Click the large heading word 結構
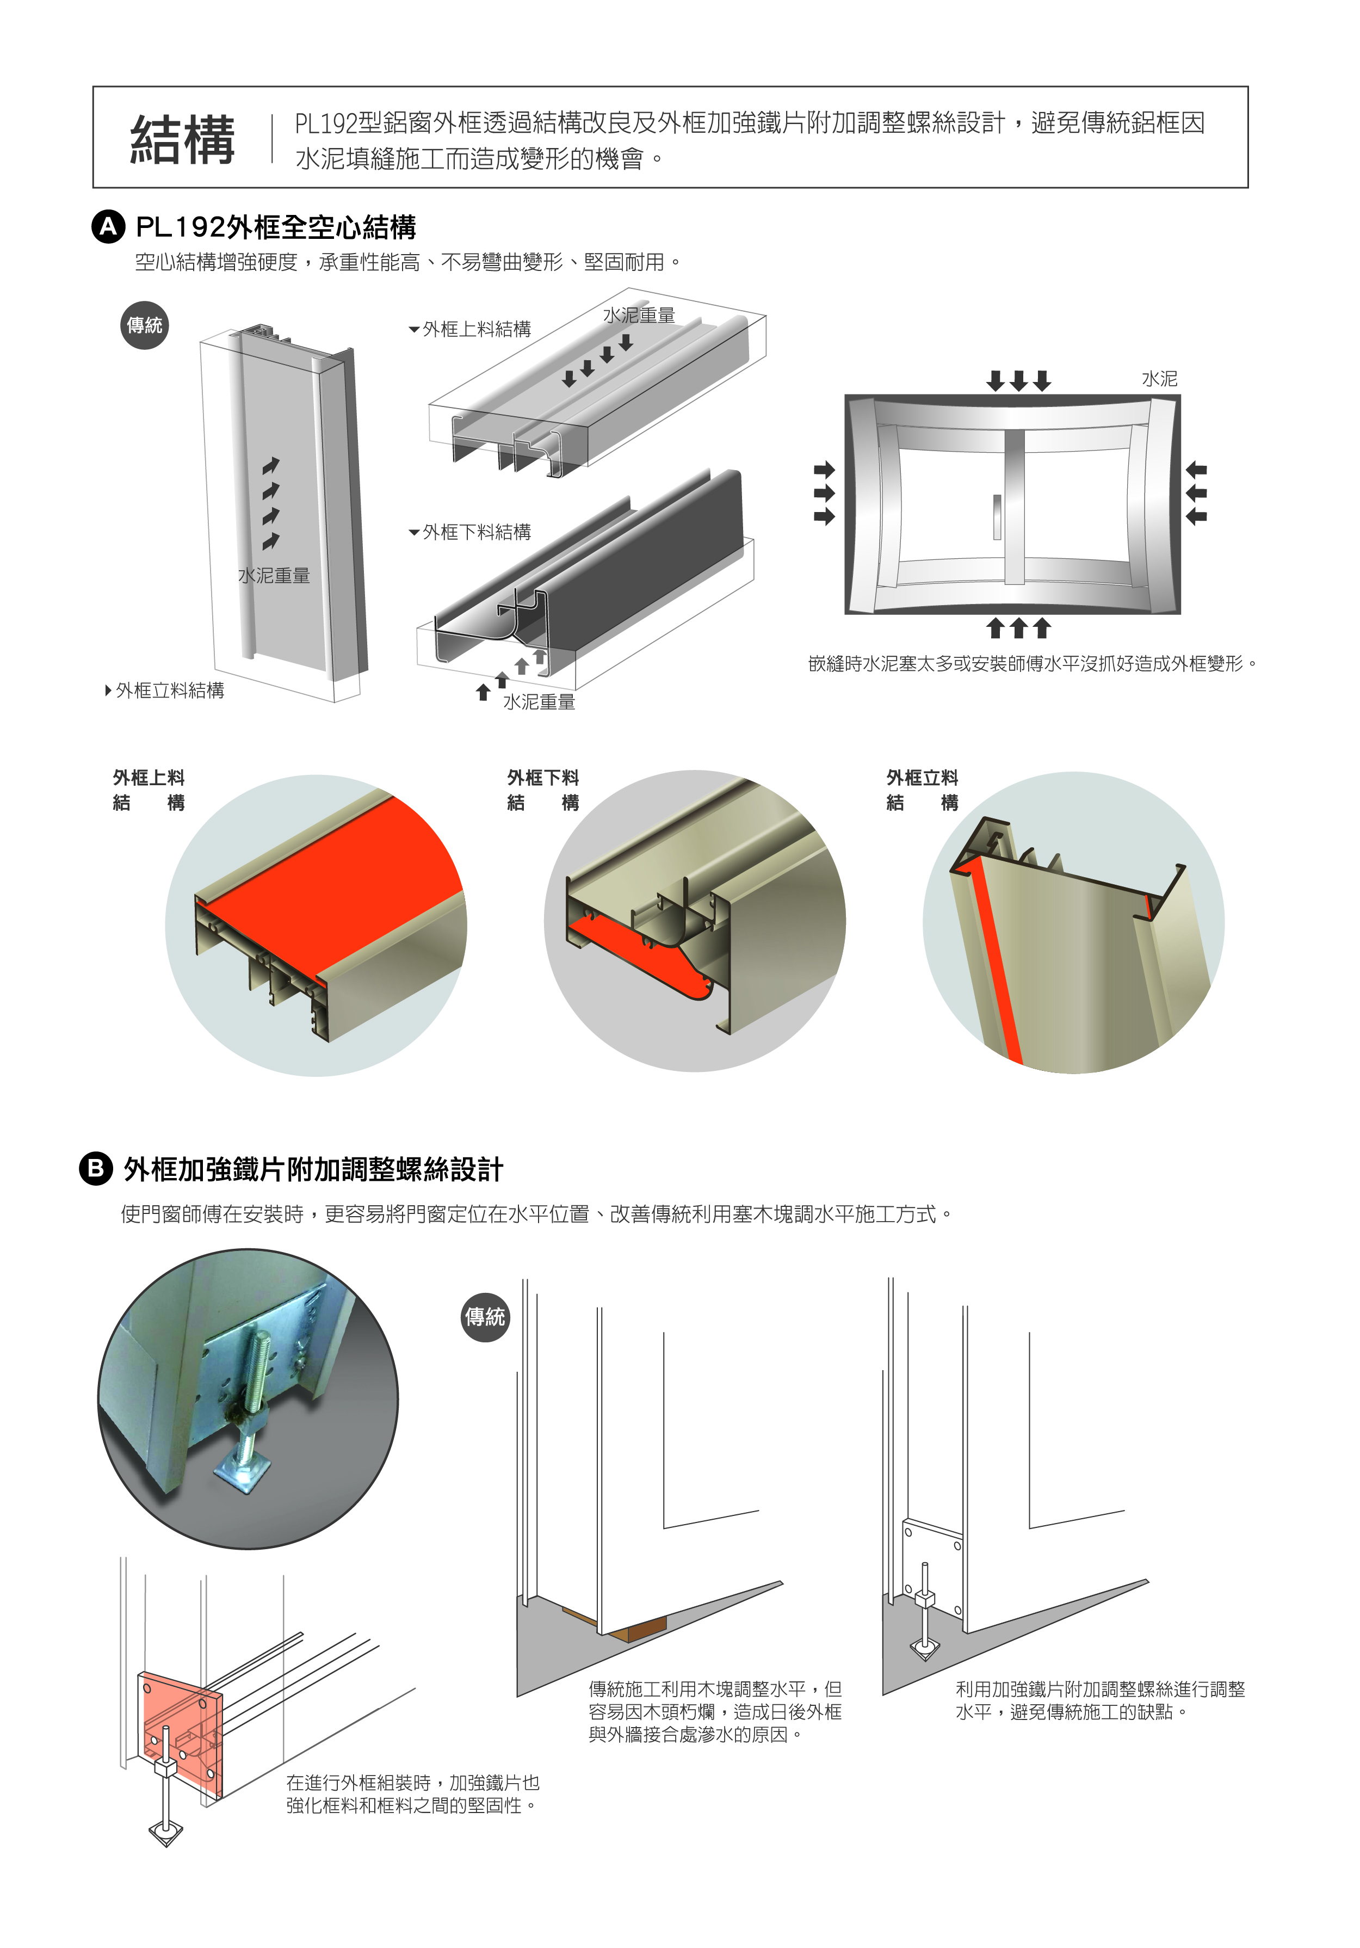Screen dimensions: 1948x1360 [182, 140]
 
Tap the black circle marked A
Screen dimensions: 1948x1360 [108, 227]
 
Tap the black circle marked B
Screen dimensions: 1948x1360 [96, 1169]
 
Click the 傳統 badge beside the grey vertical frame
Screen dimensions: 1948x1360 [144, 325]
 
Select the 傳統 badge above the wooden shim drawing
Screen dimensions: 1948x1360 [485, 1317]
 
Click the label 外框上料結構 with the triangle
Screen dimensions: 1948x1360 [471, 329]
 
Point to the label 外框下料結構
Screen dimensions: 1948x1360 [471, 532]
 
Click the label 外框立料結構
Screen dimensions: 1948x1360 [165, 691]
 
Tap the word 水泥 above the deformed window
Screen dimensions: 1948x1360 [1159, 379]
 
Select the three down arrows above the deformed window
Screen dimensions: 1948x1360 [1018, 380]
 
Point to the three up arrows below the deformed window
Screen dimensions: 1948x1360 [1018, 628]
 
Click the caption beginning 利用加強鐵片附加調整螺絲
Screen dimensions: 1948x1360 [1099, 1700]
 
